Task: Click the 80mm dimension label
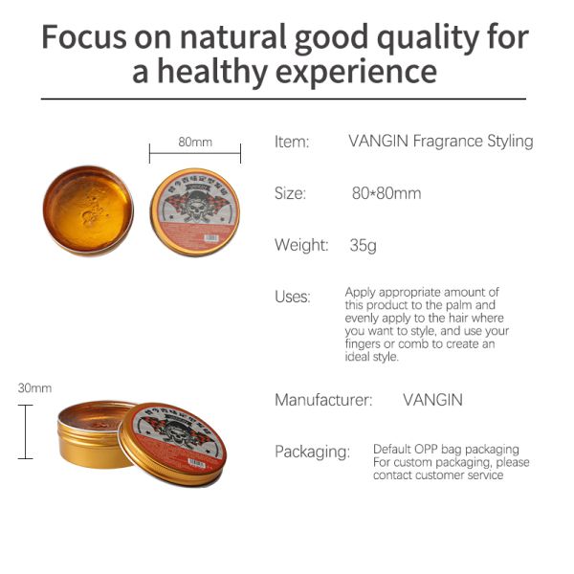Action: [195, 142]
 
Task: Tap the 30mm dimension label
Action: [34, 388]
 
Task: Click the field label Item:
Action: [292, 142]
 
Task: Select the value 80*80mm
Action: [386, 193]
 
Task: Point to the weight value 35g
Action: [363, 245]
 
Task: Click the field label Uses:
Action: [292, 297]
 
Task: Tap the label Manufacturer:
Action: [323, 400]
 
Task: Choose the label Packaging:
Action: [312, 452]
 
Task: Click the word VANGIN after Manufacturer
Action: [432, 400]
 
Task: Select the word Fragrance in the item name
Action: [448, 142]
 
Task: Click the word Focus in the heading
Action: [90, 37]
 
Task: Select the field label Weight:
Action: [301, 245]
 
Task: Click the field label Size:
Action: [290, 193]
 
